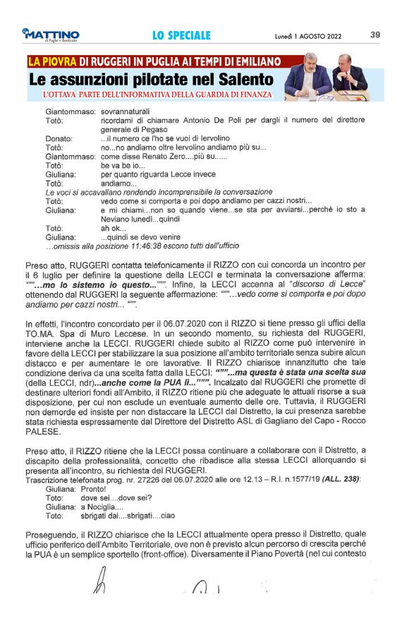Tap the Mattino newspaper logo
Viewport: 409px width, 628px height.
[51, 35]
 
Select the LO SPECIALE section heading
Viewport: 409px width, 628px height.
[181, 35]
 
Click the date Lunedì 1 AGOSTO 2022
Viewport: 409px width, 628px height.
[307, 35]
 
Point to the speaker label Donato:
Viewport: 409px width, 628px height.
[59, 138]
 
